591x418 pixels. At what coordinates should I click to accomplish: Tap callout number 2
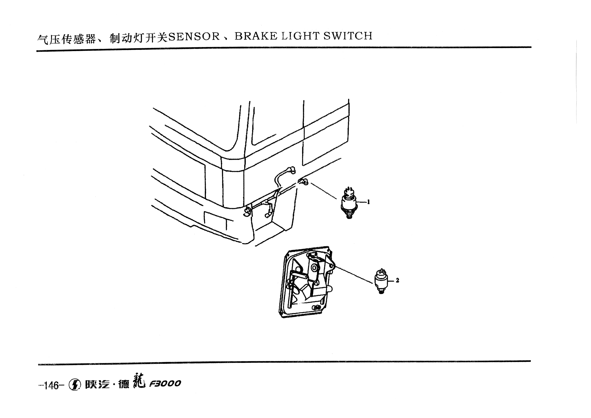(x=397, y=280)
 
